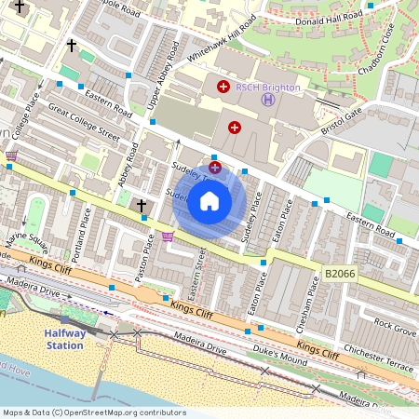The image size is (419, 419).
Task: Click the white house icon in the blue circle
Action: click(x=209, y=201)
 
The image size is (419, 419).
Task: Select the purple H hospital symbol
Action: click(x=268, y=100)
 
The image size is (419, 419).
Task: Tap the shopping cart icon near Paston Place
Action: click(x=168, y=237)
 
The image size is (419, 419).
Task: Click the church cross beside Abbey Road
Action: click(x=142, y=204)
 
